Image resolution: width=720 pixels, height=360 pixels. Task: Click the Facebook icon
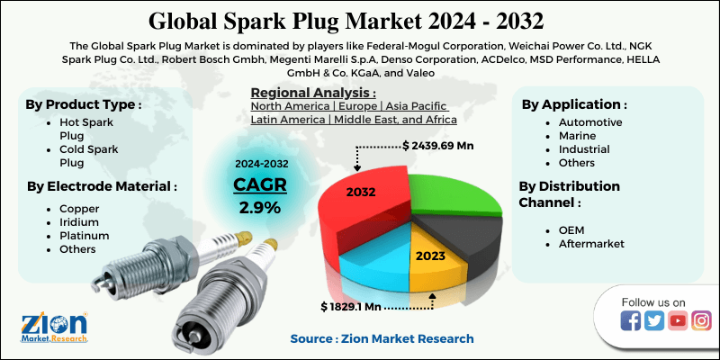pyautogui.click(x=631, y=321)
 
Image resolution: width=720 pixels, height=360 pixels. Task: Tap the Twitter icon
pyautogui.click(x=654, y=321)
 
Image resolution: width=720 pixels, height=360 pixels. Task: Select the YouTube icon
pyautogui.click(x=678, y=321)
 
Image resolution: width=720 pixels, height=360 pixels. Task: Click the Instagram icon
pyautogui.click(x=701, y=321)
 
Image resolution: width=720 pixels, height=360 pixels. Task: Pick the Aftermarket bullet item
pyautogui.click(x=591, y=244)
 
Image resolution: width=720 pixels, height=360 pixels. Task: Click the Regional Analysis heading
pyautogui.click(x=312, y=93)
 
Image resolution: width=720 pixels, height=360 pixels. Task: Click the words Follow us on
pyautogui.click(x=653, y=301)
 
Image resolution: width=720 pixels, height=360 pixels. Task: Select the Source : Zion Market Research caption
pyautogui.click(x=382, y=338)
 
